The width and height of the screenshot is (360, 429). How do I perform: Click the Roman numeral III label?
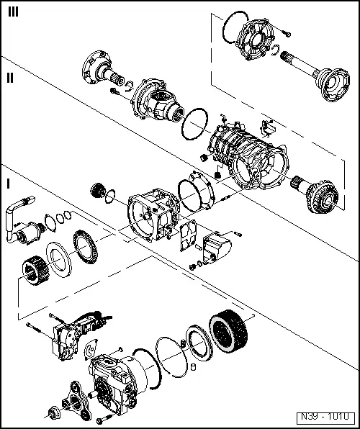point(14,11)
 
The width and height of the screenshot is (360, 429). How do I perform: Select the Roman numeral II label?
point(9,78)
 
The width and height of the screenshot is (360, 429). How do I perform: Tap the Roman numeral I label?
point(8,183)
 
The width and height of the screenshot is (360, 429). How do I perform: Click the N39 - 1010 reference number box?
point(324,417)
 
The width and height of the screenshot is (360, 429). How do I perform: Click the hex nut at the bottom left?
point(53,414)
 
